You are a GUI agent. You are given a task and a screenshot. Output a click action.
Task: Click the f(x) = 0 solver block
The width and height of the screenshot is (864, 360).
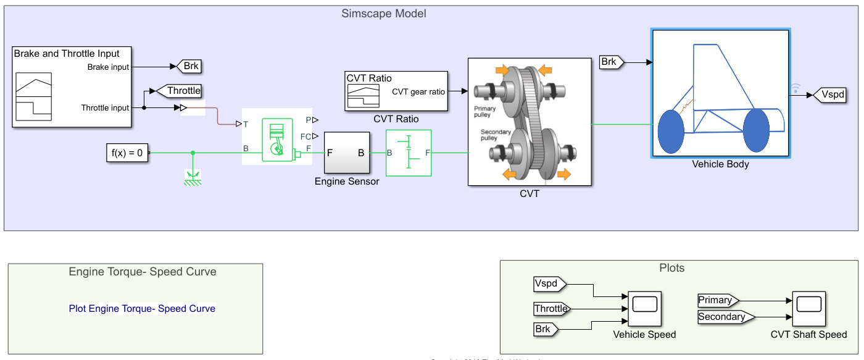click(127, 153)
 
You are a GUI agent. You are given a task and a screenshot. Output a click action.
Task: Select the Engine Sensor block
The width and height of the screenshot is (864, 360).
click(347, 153)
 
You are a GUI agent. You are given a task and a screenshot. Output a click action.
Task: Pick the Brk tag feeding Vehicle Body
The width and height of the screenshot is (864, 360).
click(611, 62)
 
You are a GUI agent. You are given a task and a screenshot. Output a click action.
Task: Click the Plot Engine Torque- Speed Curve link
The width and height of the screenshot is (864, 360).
click(142, 308)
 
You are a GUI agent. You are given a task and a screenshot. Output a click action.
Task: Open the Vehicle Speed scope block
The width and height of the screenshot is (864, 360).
click(644, 308)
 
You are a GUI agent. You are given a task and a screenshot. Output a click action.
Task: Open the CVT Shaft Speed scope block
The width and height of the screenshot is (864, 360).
click(808, 308)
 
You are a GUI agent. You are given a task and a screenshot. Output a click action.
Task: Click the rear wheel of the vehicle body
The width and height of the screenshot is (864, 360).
click(671, 132)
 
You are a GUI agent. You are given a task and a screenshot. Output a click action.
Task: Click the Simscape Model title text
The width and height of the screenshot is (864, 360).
click(384, 14)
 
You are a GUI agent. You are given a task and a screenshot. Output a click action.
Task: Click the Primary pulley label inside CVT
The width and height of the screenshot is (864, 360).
click(485, 111)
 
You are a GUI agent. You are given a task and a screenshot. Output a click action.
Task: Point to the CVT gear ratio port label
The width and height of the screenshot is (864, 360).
click(418, 91)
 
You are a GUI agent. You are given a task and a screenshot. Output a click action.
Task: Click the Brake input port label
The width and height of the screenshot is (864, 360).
click(108, 67)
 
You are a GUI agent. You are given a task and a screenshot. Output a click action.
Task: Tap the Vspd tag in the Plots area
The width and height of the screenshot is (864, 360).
click(548, 284)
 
